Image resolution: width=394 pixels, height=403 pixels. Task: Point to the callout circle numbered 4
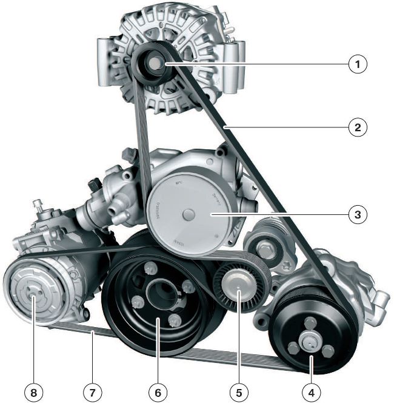pyautogui.click(x=312, y=391)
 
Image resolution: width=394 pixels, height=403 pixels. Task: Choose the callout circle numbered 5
pyautogui.click(x=240, y=391)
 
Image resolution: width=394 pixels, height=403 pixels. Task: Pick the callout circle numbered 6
pyautogui.click(x=158, y=391)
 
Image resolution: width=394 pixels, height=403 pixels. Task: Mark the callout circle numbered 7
pyautogui.click(x=92, y=391)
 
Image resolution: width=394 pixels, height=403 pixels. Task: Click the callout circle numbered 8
pyautogui.click(x=33, y=391)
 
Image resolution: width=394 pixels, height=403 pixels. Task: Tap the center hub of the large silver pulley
pyautogui.click(x=189, y=214)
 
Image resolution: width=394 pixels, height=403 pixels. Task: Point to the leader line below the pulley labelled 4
pyautogui.click(x=312, y=370)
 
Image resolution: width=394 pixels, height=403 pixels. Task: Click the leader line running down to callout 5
pyautogui.click(x=240, y=340)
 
